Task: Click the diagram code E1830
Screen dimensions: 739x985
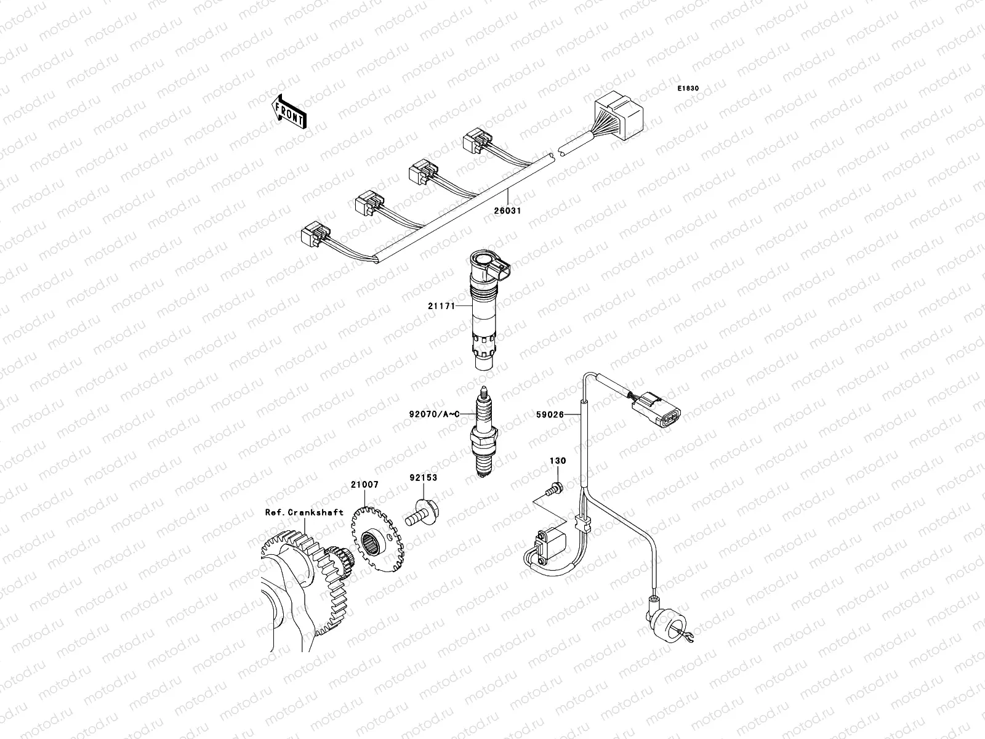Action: coord(688,89)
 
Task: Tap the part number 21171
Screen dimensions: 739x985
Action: coord(442,305)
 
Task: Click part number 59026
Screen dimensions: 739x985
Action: coord(550,415)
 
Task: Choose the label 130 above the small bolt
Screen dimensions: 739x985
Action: coord(558,461)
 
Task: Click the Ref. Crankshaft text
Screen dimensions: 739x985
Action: coord(304,512)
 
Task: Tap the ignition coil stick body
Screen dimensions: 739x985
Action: coord(484,308)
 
